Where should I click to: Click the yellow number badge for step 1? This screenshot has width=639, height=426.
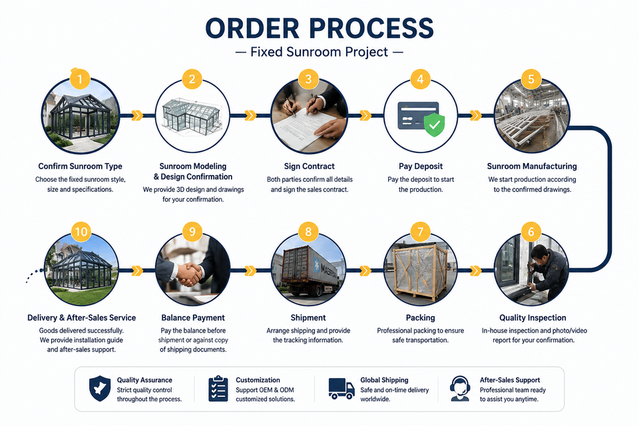[80, 79]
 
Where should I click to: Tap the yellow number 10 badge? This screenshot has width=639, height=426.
[81, 232]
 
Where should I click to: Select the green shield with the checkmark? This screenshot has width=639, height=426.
[435, 124]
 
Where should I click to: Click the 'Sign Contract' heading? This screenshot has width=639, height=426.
[310, 166]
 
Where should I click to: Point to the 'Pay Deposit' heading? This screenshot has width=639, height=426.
[421, 166]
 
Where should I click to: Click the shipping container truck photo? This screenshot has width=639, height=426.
[308, 270]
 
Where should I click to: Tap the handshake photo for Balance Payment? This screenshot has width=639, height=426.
[193, 270]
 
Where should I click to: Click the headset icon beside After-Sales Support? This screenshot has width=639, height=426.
[460, 389]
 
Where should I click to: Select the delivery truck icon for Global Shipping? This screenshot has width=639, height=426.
[341, 388]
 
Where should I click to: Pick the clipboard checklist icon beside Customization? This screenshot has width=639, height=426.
[218, 389]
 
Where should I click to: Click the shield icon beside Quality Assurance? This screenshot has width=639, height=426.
[100, 389]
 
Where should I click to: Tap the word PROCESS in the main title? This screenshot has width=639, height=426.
[371, 29]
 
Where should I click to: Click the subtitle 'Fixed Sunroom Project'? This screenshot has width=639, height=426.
[319, 52]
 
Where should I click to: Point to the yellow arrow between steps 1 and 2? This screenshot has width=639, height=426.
[137, 115]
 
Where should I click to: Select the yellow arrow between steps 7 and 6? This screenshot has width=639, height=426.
[475, 270]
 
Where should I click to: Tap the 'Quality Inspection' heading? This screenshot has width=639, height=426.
[532, 318]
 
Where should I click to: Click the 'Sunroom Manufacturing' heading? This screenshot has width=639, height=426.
[532, 166]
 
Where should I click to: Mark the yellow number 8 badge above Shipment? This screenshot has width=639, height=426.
[308, 232]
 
